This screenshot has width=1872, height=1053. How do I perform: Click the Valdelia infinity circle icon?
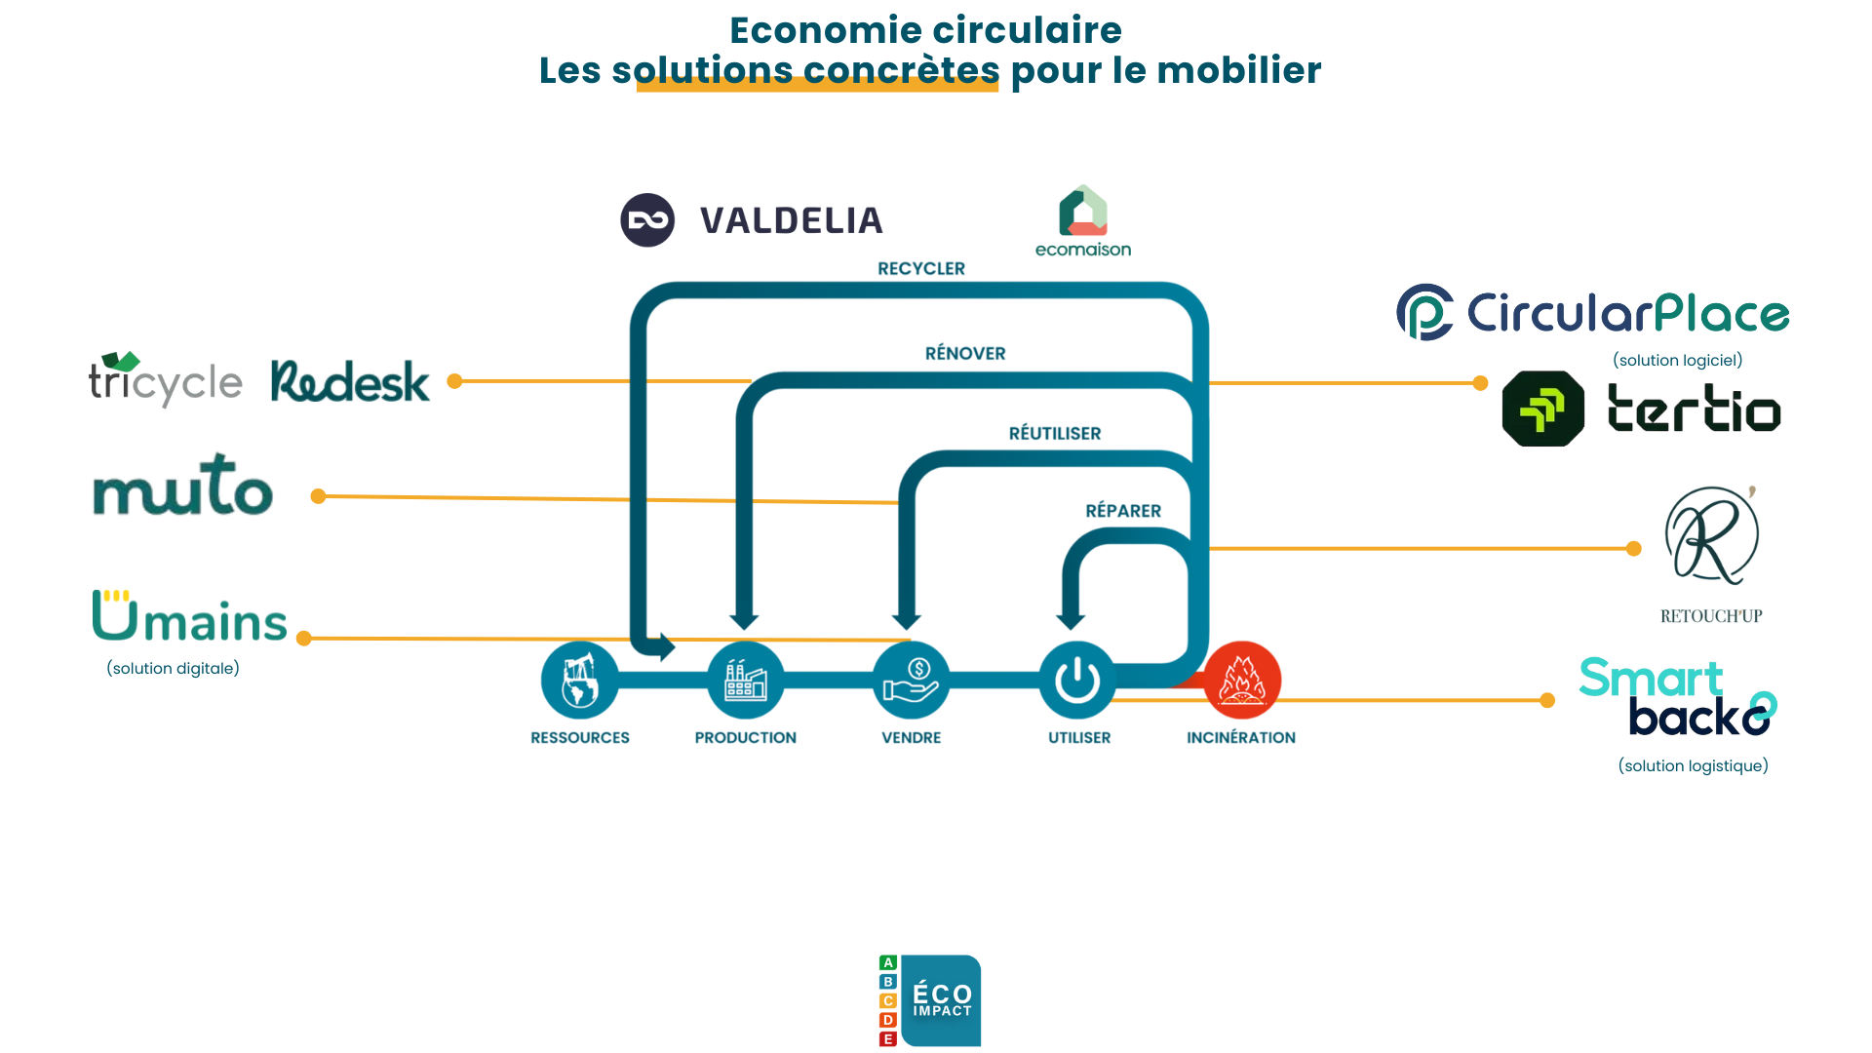(x=647, y=220)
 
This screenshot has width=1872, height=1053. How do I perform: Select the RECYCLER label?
(x=920, y=268)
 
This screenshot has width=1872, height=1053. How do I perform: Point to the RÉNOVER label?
(x=964, y=353)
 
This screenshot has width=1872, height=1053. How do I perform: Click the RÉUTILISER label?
(x=1054, y=433)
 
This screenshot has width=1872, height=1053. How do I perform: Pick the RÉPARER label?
(x=1123, y=511)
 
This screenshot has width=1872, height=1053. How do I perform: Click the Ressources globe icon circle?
(x=580, y=680)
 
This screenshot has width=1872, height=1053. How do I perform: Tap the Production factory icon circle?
(x=746, y=680)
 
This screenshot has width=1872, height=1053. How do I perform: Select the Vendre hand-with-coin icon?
(x=912, y=680)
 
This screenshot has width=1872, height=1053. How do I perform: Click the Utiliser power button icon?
(x=1077, y=680)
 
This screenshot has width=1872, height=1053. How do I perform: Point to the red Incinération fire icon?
(x=1241, y=680)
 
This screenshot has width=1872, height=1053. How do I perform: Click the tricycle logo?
(x=165, y=380)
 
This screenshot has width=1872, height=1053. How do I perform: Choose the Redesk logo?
(x=350, y=381)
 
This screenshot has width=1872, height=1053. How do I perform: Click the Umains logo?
(x=190, y=617)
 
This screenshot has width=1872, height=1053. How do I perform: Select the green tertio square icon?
(x=1542, y=409)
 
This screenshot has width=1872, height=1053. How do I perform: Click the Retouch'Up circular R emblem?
(x=1711, y=535)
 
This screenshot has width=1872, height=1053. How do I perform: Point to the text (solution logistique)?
(x=1693, y=765)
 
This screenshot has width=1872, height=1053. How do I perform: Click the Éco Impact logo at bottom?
(x=930, y=1000)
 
